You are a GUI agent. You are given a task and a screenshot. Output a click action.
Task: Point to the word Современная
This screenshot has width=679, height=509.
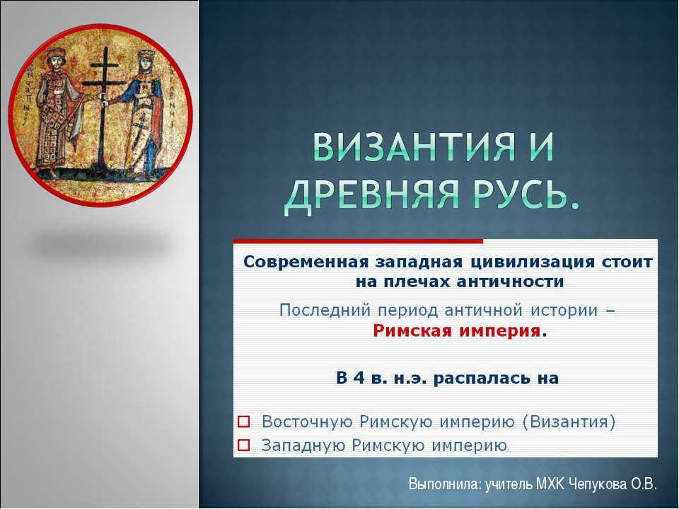305,262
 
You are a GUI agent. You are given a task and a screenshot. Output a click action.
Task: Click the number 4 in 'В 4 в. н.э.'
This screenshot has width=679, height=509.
359,378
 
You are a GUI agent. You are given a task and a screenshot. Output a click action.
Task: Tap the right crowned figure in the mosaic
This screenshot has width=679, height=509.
146,113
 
